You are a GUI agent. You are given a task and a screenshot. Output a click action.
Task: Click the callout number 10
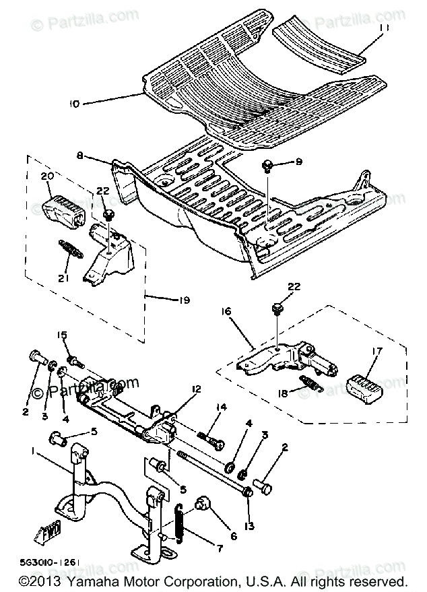(74, 104)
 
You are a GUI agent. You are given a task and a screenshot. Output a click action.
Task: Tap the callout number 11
(384, 28)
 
